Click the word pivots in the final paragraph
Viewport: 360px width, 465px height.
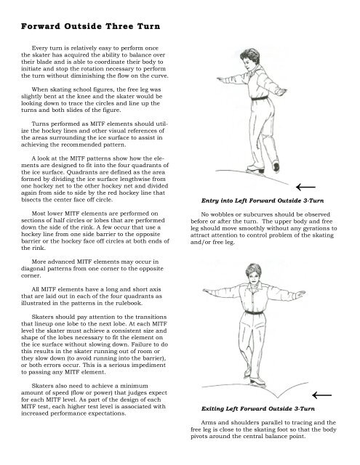coord(207,441)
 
